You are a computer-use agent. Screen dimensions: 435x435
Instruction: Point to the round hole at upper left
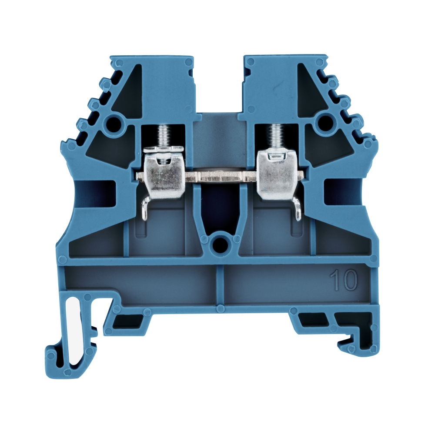pos(114,121)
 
